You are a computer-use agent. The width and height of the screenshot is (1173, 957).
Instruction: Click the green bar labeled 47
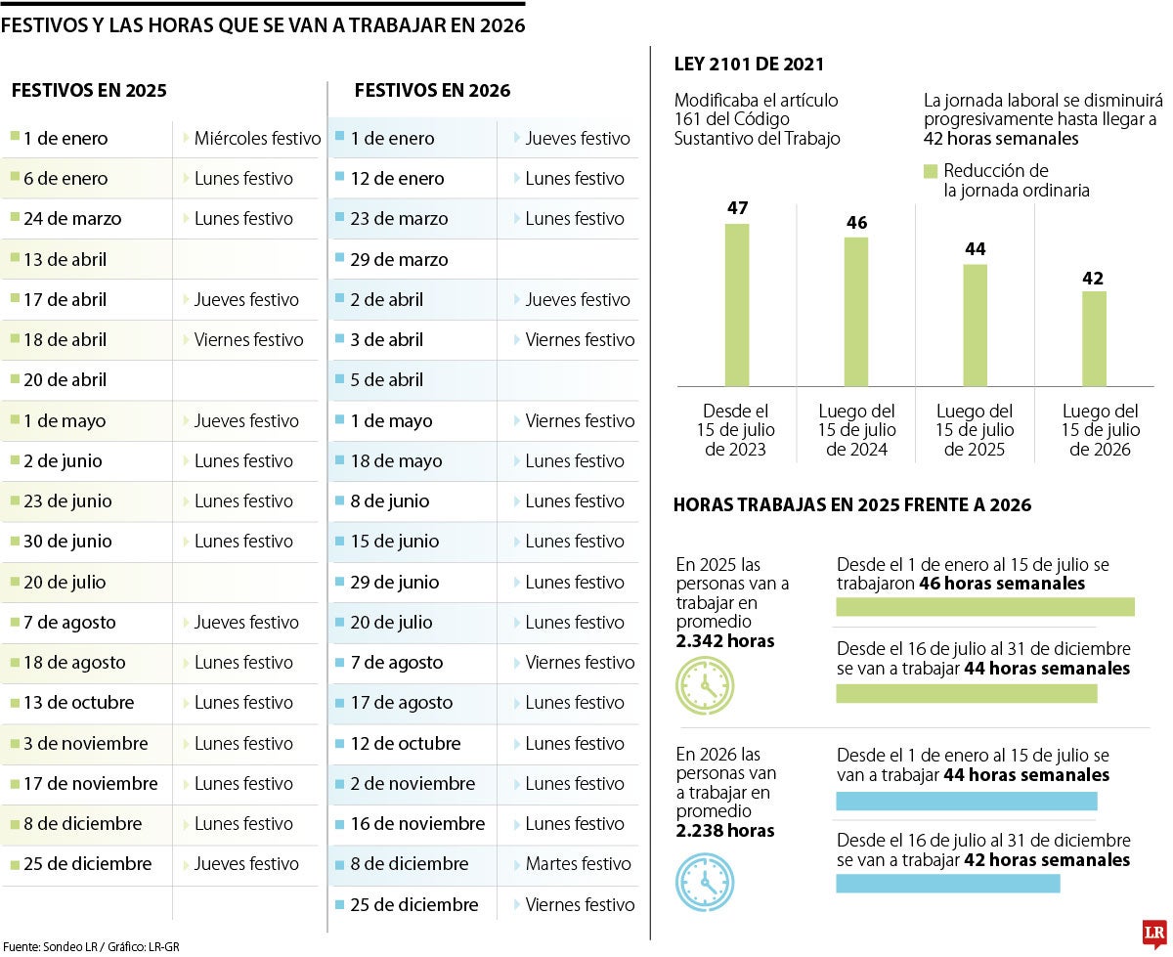point(737,304)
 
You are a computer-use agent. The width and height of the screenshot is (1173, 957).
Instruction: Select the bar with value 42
point(1094,338)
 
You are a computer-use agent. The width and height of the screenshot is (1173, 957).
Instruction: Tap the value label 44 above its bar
point(975,249)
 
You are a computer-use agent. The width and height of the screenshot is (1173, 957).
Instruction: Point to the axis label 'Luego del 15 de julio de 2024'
point(856,430)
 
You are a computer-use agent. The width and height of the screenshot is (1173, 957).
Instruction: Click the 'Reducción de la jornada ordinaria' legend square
point(931,172)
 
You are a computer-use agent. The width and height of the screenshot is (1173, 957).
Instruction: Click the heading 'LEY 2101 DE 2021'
point(749,65)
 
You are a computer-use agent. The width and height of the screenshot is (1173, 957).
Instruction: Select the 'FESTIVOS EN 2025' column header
point(89,91)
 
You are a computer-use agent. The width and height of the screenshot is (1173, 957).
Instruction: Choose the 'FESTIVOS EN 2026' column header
point(432,91)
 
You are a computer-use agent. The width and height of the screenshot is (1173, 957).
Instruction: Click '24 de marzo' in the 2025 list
point(72,219)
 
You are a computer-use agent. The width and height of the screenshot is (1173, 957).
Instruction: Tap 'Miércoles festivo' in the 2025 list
point(257,139)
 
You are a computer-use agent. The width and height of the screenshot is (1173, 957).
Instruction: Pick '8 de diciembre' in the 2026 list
point(409,864)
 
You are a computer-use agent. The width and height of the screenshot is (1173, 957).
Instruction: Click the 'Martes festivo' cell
point(578,864)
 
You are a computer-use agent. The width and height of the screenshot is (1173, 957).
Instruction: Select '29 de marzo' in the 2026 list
point(399,260)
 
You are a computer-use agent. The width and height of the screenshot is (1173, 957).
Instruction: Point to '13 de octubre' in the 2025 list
point(78,703)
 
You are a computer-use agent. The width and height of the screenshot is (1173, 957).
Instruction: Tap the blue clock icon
point(705,883)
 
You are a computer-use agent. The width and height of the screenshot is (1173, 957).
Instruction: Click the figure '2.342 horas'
point(724,641)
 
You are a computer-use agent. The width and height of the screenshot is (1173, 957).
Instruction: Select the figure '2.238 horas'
point(724,831)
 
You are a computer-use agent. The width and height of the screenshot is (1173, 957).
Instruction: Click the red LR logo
point(1153,934)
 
